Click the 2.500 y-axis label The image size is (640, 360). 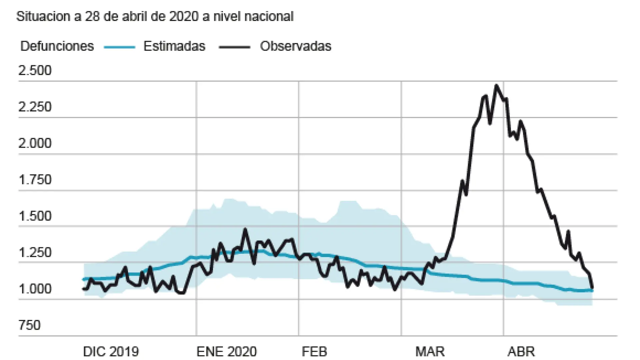pyautogui.click(x=35, y=71)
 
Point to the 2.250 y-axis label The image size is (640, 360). pyautogui.click(x=35, y=107)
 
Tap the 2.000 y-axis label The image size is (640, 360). pyautogui.click(x=35, y=143)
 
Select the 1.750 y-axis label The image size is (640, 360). pyautogui.click(x=35, y=180)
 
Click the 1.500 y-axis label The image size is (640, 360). pyautogui.click(x=35, y=216)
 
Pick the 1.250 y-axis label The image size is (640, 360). pyautogui.click(x=35, y=252)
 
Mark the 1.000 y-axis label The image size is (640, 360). pyautogui.click(x=35, y=289)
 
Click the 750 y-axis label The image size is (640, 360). pyautogui.click(x=29, y=325)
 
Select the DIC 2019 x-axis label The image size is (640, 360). pyautogui.click(x=111, y=351)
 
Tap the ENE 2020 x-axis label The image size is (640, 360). pyautogui.click(x=227, y=351)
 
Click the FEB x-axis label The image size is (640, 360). pyautogui.click(x=314, y=351)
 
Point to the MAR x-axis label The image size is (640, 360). pyautogui.click(x=430, y=351)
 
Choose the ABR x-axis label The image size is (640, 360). pyautogui.click(x=521, y=351)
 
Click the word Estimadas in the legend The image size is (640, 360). pyautogui.click(x=174, y=46)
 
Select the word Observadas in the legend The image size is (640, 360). pyautogui.click(x=296, y=46)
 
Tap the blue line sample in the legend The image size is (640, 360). pyautogui.click(x=119, y=47)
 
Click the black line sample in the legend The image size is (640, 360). pyautogui.click(x=234, y=47)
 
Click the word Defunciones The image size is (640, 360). pyautogui.click(x=57, y=46)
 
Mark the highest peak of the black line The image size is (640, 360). pyautogui.click(x=497, y=86)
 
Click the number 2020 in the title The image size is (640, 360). pyautogui.click(x=184, y=16)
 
